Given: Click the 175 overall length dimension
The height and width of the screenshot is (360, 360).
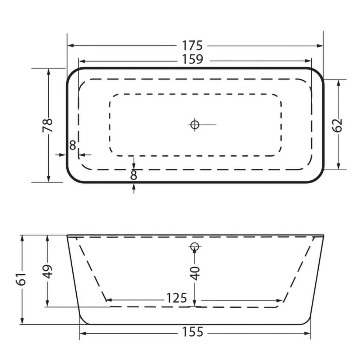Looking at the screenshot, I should (x=192, y=46).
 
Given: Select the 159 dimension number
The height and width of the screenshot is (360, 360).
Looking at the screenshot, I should (x=192, y=59).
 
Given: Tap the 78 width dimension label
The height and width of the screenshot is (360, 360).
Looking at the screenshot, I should (x=48, y=125).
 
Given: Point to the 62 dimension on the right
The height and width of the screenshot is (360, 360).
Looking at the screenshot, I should (x=338, y=125).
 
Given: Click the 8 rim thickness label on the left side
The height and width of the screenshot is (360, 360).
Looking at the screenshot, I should (x=73, y=145).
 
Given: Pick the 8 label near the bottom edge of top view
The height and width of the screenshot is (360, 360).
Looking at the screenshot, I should (x=134, y=175).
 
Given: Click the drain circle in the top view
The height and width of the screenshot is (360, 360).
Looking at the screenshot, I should (x=194, y=125).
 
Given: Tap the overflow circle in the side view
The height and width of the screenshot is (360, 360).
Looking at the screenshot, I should (x=194, y=247).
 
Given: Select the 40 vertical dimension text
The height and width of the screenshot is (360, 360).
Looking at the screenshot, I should (x=195, y=273).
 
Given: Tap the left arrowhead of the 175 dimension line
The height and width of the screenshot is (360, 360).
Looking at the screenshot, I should (x=70, y=46).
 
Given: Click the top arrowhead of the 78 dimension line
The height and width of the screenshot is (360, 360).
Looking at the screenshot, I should (x=49, y=71).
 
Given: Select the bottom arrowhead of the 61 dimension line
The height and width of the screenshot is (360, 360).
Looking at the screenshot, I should (x=22, y=322).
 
